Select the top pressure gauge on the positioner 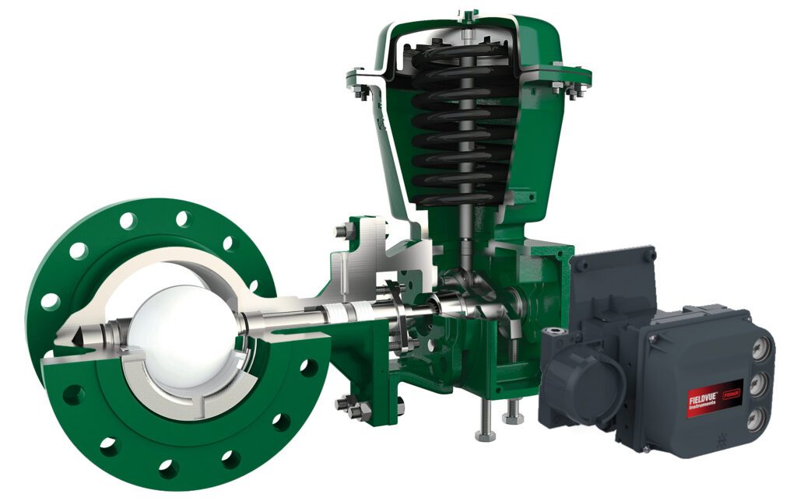pos(758,349)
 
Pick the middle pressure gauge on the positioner pos(757,383)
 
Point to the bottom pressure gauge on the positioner pos(754,416)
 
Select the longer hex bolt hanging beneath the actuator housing pos(484,420)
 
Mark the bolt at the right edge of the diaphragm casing pos(577,89)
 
